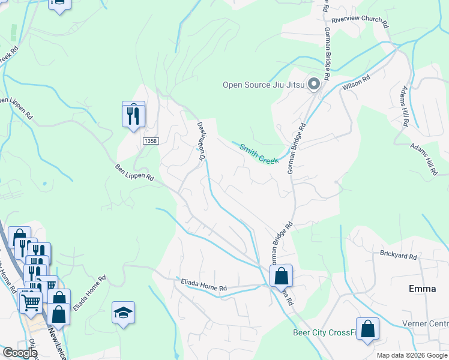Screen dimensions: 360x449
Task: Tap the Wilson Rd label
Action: pyautogui.click(x=357, y=83)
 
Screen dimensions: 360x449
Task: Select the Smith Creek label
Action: pyautogui.click(x=259, y=154)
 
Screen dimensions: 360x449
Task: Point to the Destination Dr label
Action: pyautogui.click(x=202, y=141)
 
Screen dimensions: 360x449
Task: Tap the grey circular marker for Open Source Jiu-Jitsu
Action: pyautogui.click(x=313, y=85)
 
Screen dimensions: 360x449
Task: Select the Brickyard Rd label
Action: pyautogui.click(x=398, y=256)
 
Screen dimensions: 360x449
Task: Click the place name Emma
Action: pyautogui.click(x=422, y=289)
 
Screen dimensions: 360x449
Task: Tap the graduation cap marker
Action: pyautogui.click(x=123, y=313)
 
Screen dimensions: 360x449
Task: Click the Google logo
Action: pyautogui.click(x=19, y=353)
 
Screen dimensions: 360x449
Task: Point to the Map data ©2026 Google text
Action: pyautogui.click(x=412, y=356)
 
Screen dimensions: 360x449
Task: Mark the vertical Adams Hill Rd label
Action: pyautogui.click(x=405, y=106)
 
